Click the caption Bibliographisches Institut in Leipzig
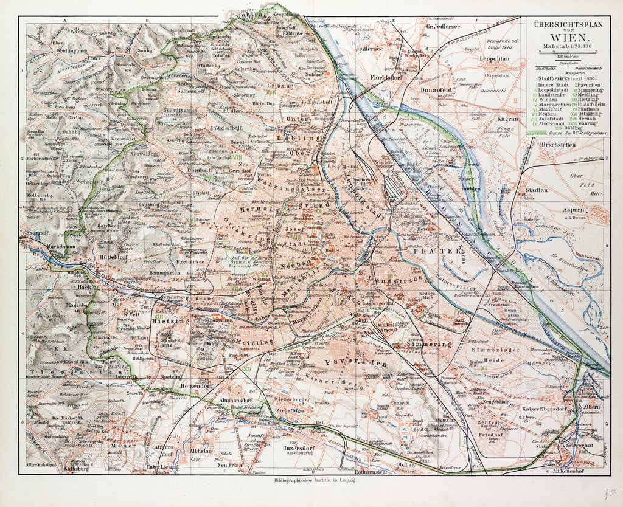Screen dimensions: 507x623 (310, 481)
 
